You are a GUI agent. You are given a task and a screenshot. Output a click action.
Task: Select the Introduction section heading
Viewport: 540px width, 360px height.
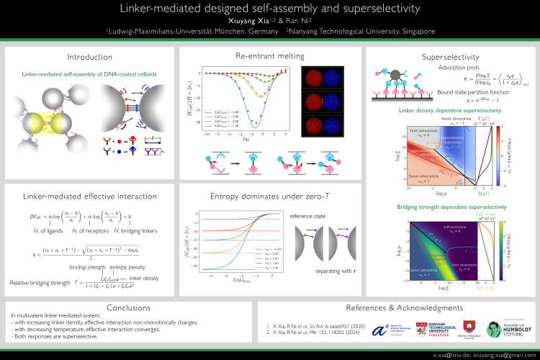89,57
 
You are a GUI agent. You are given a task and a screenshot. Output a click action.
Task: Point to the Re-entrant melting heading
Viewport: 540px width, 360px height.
270,57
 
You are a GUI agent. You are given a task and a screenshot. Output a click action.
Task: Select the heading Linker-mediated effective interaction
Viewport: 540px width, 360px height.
89,197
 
